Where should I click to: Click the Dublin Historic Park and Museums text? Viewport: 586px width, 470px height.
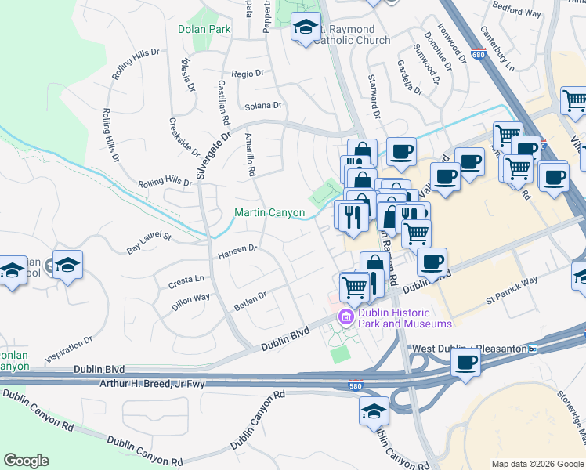(405, 318)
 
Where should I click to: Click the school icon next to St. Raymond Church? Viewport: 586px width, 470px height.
(305, 29)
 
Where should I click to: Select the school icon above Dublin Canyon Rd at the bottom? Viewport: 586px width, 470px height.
(374, 410)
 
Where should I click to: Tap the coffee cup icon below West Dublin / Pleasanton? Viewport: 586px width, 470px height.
(466, 363)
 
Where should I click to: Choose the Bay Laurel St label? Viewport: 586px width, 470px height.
(149, 243)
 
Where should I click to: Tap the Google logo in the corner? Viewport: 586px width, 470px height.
(26, 461)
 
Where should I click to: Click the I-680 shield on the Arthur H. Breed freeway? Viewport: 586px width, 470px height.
(356, 384)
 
